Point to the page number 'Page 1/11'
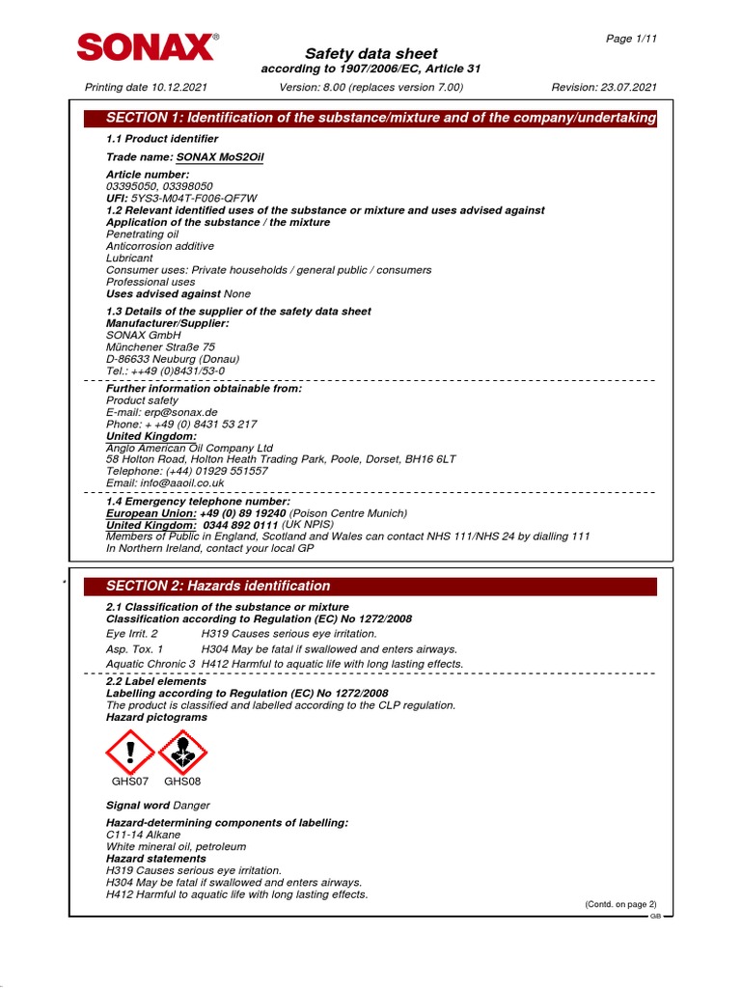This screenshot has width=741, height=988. click(631, 38)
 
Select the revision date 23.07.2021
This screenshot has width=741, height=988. click(626, 87)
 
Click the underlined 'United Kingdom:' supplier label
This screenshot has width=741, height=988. click(151, 436)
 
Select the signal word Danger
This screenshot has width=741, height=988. click(191, 805)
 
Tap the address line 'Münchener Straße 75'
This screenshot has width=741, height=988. click(160, 347)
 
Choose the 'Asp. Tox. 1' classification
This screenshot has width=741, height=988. click(134, 649)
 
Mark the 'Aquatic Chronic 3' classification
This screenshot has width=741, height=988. click(151, 664)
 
